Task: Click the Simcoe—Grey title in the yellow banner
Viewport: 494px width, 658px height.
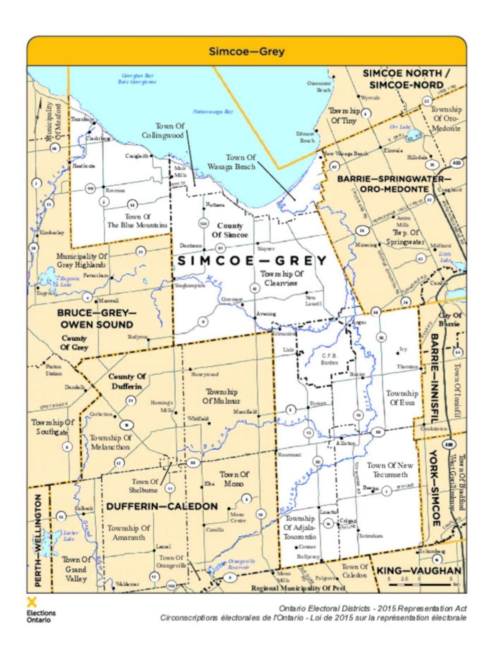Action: click(247, 52)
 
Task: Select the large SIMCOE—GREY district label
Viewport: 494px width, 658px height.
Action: click(252, 261)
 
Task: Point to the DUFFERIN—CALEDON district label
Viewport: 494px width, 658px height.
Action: click(162, 506)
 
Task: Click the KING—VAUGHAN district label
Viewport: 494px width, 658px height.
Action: click(419, 571)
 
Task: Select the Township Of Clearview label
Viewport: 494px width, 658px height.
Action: click(281, 279)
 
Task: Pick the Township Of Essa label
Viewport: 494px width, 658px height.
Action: click(402, 398)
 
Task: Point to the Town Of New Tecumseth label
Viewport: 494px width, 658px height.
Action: click(390, 470)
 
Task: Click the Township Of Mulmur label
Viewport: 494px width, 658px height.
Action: click(222, 396)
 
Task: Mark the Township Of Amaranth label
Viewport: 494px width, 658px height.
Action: click(128, 533)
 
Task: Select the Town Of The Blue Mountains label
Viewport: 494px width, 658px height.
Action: click(137, 221)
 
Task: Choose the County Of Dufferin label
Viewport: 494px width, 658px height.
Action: click(127, 381)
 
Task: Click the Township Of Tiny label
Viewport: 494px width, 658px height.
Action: click(344, 115)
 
